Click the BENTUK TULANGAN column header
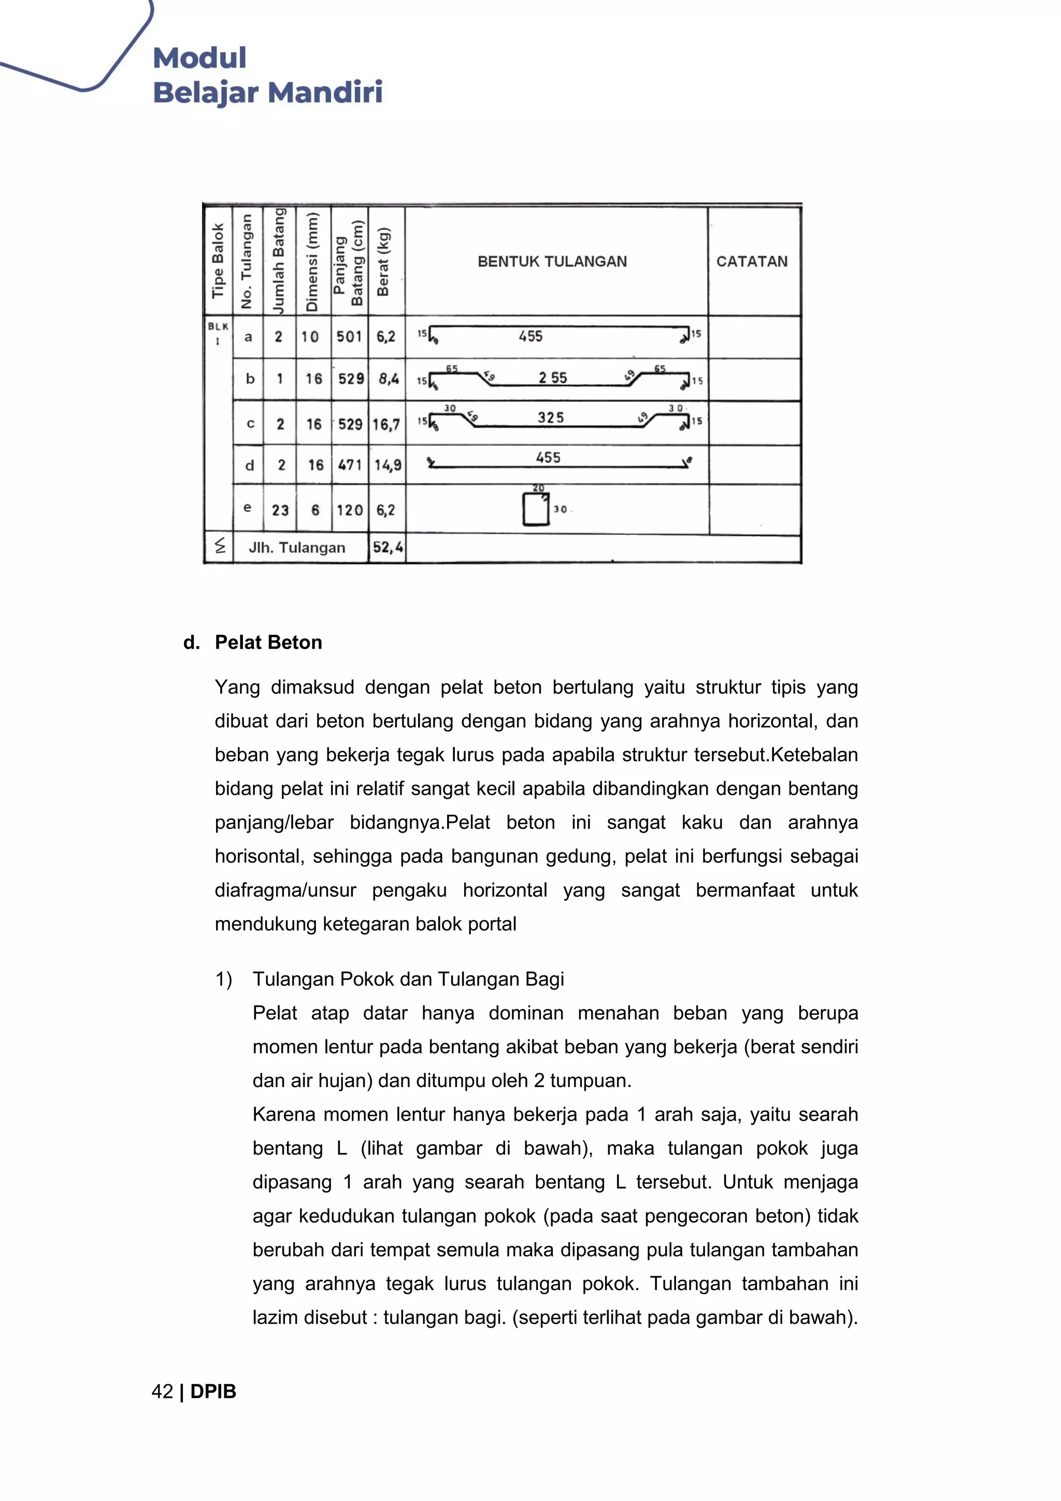point(552,262)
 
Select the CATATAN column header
point(752,262)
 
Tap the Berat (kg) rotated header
point(384,262)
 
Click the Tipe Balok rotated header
point(218,262)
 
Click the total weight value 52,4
point(387,547)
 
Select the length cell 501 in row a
point(349,337)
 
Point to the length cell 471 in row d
point(350,465)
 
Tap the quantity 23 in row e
point(280,510)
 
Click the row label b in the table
point(250,379)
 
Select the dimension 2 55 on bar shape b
point(552,378)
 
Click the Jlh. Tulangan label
point(297,548)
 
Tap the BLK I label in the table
point(218,333)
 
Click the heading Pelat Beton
point(268,642)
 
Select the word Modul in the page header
point(199,58)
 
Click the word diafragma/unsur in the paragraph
point(285,891)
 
